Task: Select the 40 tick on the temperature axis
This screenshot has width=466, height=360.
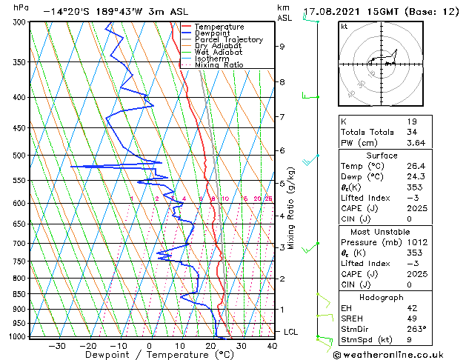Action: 272,345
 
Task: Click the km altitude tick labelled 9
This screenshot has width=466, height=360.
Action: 282,46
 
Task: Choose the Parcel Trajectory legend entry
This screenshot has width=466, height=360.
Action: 229,40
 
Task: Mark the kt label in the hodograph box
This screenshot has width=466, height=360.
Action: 344,26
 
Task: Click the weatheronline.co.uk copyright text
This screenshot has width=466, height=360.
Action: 398,353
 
